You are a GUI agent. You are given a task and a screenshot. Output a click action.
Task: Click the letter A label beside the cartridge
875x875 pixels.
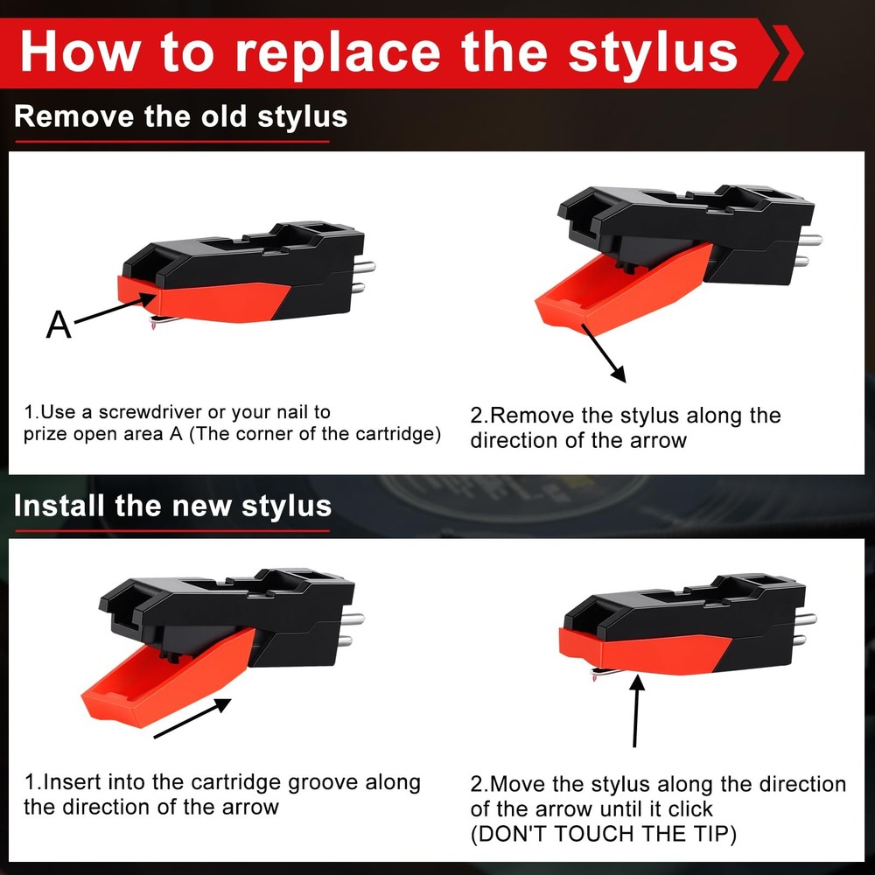click(59, 325)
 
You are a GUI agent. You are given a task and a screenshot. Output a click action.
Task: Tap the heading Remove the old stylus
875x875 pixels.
click(180, 116)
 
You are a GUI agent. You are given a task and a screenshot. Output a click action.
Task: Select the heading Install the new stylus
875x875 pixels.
click(172, 506)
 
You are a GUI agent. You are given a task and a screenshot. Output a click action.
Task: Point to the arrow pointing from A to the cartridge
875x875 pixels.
click(109, 311)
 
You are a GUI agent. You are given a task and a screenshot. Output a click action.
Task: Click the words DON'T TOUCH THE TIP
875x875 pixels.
click(603, 834)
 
